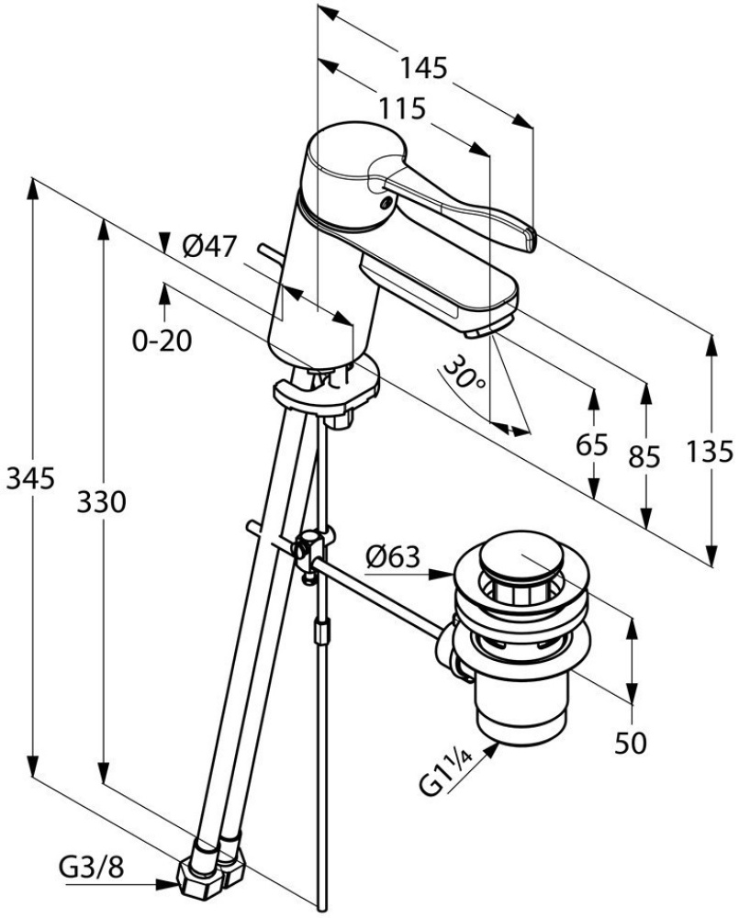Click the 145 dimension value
(x=423, y=68)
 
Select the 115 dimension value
(x=403, y=109)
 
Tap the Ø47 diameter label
(x=209, y=246)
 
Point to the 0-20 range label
(x=162, y=341)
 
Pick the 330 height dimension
(x=102, y=501)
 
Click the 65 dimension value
(x=594, y=446)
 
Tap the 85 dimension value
(x=646, y=456)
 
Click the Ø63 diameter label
(x=392, y=556)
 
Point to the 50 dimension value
(x=631, y=742)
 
